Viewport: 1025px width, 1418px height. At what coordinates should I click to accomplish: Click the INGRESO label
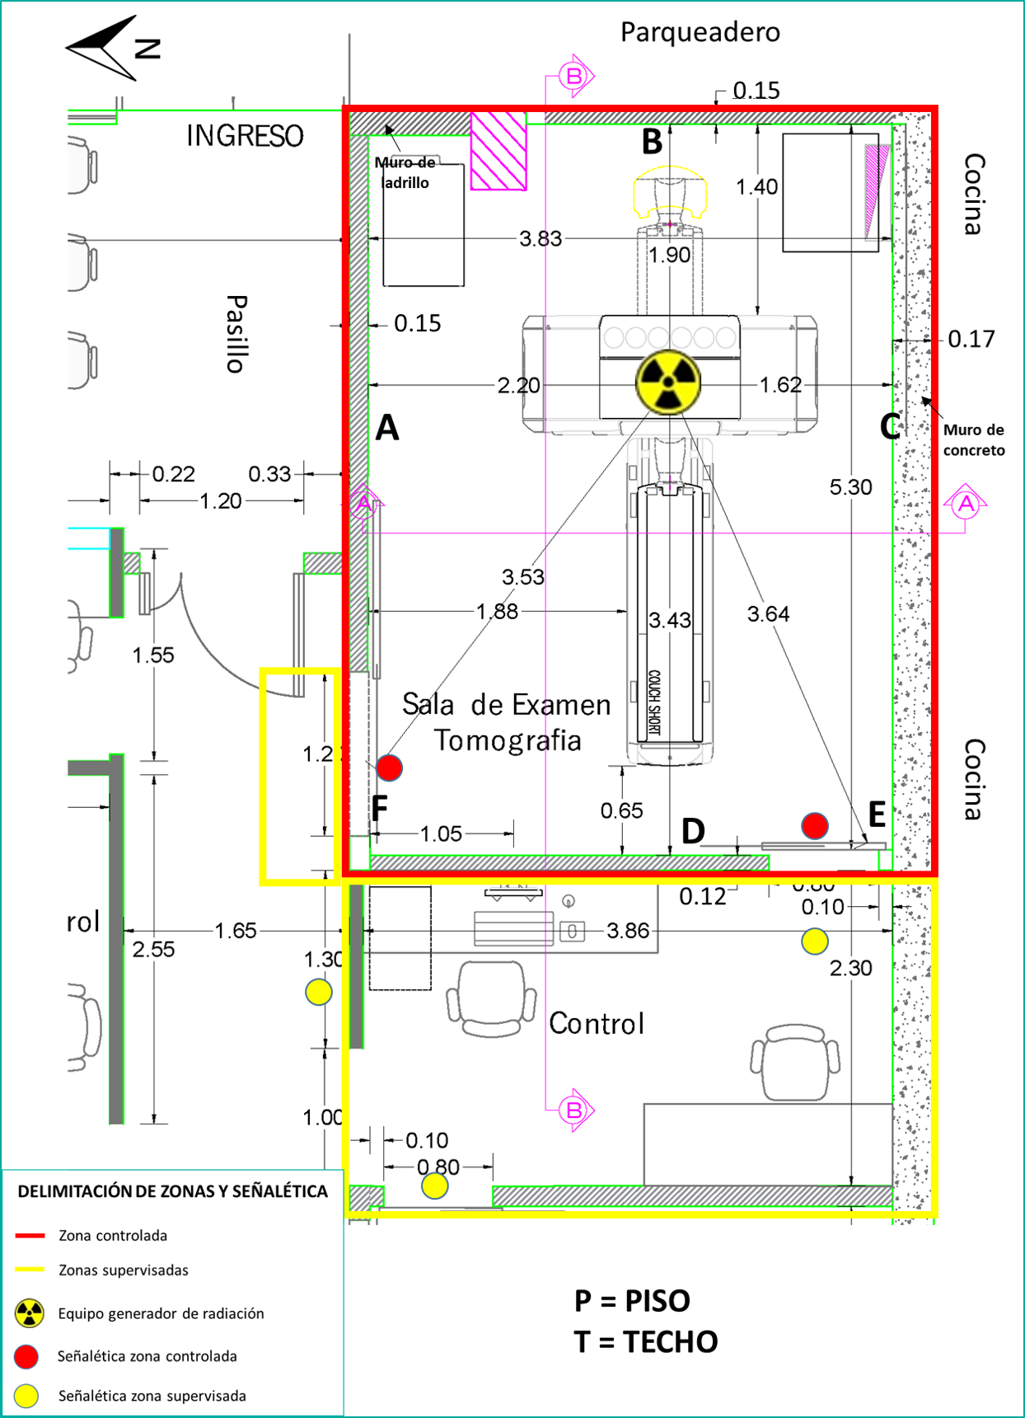pyautogui.click(x=245, y=136)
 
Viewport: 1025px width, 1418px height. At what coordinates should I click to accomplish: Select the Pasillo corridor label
pyautogui.click(x=236, y=334)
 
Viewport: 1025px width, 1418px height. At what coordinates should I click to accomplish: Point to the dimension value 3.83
pyautogui.click(x=540, y=239)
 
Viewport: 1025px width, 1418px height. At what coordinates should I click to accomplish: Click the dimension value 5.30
pyautogui.click(x=850, y=487)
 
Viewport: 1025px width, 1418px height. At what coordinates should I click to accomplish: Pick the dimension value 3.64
pyautogui.click(x=768, y=614)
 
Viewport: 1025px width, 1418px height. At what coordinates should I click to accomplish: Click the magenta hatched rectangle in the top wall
pyautogui.click(x=498, y=151)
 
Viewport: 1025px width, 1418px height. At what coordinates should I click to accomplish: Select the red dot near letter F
pyautogui.click(x=390, y=768)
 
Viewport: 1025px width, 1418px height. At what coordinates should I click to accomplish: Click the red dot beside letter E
pyautogui.click(x=815, y=826)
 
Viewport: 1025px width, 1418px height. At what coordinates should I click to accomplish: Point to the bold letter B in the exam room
pyautogui.click(x=653, y=142)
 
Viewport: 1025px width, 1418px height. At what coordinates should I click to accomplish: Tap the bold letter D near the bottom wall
pyautogui.click(x=693, y=831)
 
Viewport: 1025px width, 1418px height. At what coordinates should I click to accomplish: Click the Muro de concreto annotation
pyautogui.click(x=974, y=440)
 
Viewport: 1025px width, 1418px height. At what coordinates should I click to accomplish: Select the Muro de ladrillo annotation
pyautogui.click(x=405, y=173)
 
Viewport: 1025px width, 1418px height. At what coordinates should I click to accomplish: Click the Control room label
pyautogui.click(x=597, y=1024)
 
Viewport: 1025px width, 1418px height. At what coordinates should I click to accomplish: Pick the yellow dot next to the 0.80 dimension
pyautogui.click(x=435, y=1186)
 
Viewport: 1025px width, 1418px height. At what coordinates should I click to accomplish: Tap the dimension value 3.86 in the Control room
pyautogui.click(x=628, y=931)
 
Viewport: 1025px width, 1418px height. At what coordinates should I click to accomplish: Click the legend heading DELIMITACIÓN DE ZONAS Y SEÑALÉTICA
pyautogui.click(x=173, y=1191)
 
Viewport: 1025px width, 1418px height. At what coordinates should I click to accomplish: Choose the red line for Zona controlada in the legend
pyautogui.click(x=30, y=1236)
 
